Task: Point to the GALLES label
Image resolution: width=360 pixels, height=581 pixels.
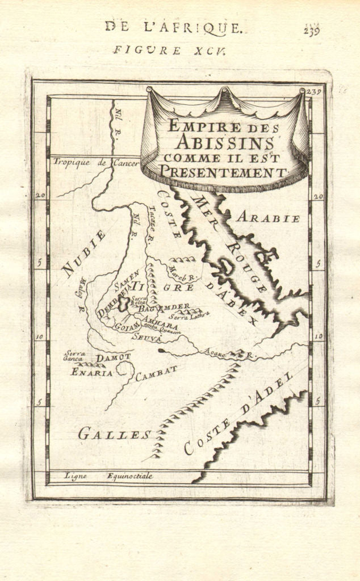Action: [x=114, y=435]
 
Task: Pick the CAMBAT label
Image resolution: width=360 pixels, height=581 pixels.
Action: [x=156, y=373]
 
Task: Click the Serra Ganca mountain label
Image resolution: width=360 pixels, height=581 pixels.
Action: [x=74, y=356]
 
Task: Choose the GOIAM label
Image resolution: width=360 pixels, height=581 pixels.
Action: [x=127, y=327]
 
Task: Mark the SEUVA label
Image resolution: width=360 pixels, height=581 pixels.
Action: [x=147, y=337]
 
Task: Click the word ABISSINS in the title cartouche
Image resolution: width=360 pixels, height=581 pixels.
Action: [x=224, y=141]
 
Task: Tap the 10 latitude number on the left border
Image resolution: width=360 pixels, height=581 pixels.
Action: [x=40, y=337]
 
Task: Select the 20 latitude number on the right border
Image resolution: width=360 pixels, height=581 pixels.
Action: [x=317, y=196]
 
